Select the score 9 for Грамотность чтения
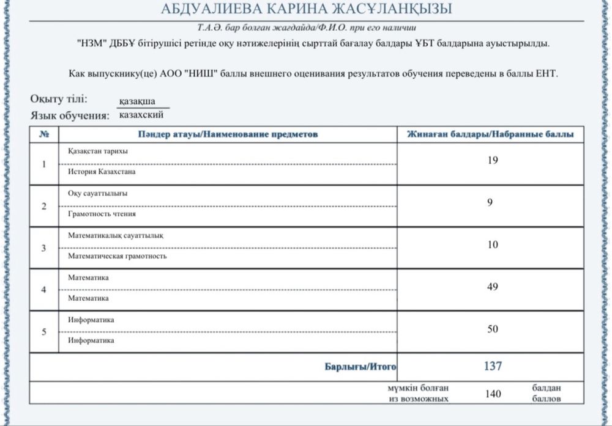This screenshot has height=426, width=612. click(x=490, y=202)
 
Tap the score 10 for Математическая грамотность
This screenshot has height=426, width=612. click(x=493, y=244)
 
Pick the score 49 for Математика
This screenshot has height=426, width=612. click(x=493, y=287)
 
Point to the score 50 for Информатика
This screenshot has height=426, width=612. click(x=493, y=329)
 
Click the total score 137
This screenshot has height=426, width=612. click(x=492, y=366)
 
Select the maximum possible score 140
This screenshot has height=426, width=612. click(x=493, y=394)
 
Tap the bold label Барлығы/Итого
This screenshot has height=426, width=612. click(x=360, y=367)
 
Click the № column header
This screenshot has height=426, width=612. click(x=43, y=134)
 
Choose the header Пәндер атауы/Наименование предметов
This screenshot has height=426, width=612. click(x=228, y=134)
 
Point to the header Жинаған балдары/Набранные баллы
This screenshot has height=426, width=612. click(x=490, y=134)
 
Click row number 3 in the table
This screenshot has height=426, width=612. click(x=43, y=248)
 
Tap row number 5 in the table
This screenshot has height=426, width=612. click(x=43, y=332)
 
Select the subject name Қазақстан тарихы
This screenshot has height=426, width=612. click(x=97, y=152)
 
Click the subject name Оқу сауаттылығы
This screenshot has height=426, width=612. click(x=97, y=194)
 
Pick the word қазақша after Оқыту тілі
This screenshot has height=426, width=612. click(x=137, y=101)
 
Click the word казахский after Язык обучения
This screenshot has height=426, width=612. click(x=141, y=114)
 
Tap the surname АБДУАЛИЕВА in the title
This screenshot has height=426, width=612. click(x=210, y=9)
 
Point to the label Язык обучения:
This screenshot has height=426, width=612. click(x=69, y=115)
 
